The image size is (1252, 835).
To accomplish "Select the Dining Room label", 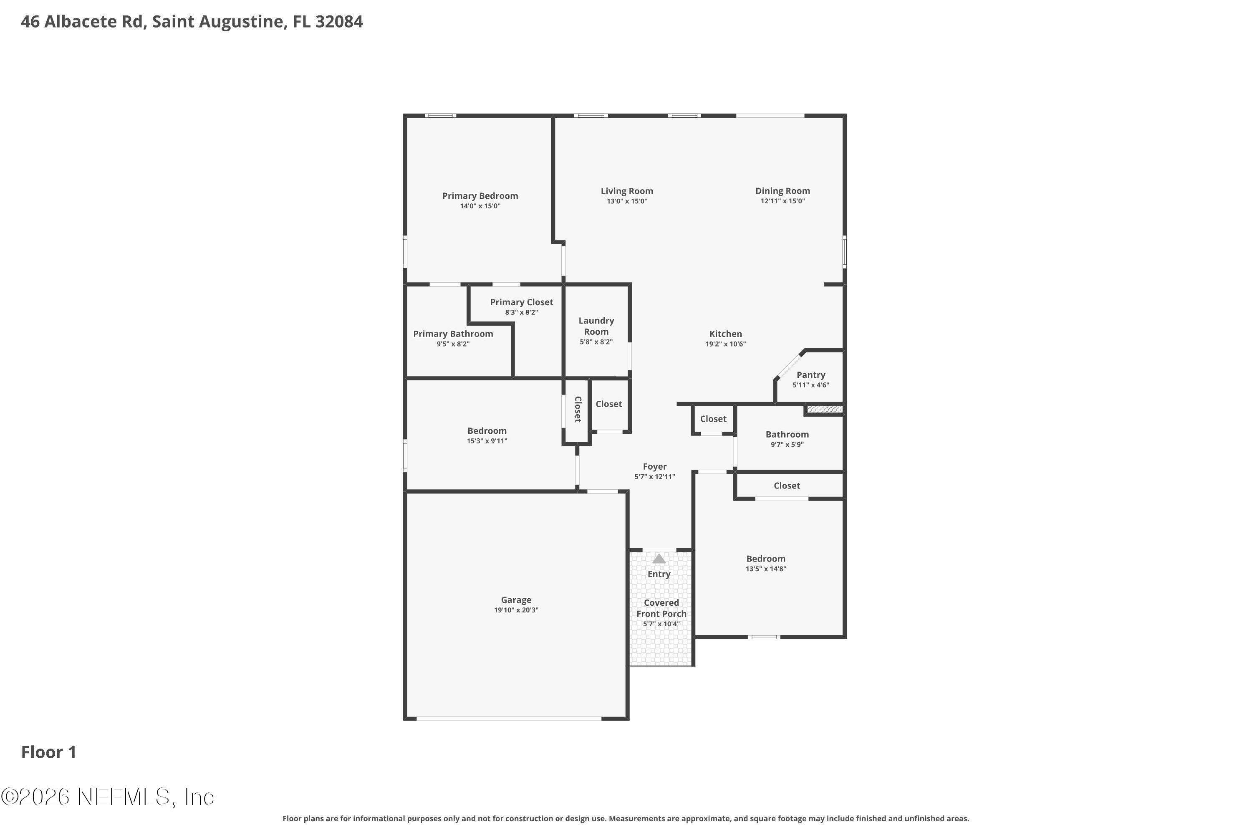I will [x=782, y=191].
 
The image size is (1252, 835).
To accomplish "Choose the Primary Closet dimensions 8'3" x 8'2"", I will [x=521, y=313].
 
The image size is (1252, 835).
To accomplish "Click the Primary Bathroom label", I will [x=452, y=334].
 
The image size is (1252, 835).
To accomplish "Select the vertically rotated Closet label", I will [x=578, y=409].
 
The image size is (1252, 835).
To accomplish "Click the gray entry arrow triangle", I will [x=659, y=559].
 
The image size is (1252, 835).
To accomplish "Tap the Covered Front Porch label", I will [x=661, y=608].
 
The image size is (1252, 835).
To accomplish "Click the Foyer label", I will [x=654, y=466].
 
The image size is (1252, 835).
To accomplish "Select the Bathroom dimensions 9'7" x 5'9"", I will [x=787, y=445].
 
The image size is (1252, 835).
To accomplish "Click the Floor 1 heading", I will [x=48, y=752].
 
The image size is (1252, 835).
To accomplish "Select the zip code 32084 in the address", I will [x=338, y=22].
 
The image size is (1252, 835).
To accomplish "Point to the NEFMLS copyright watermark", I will [x=108, y=797].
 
